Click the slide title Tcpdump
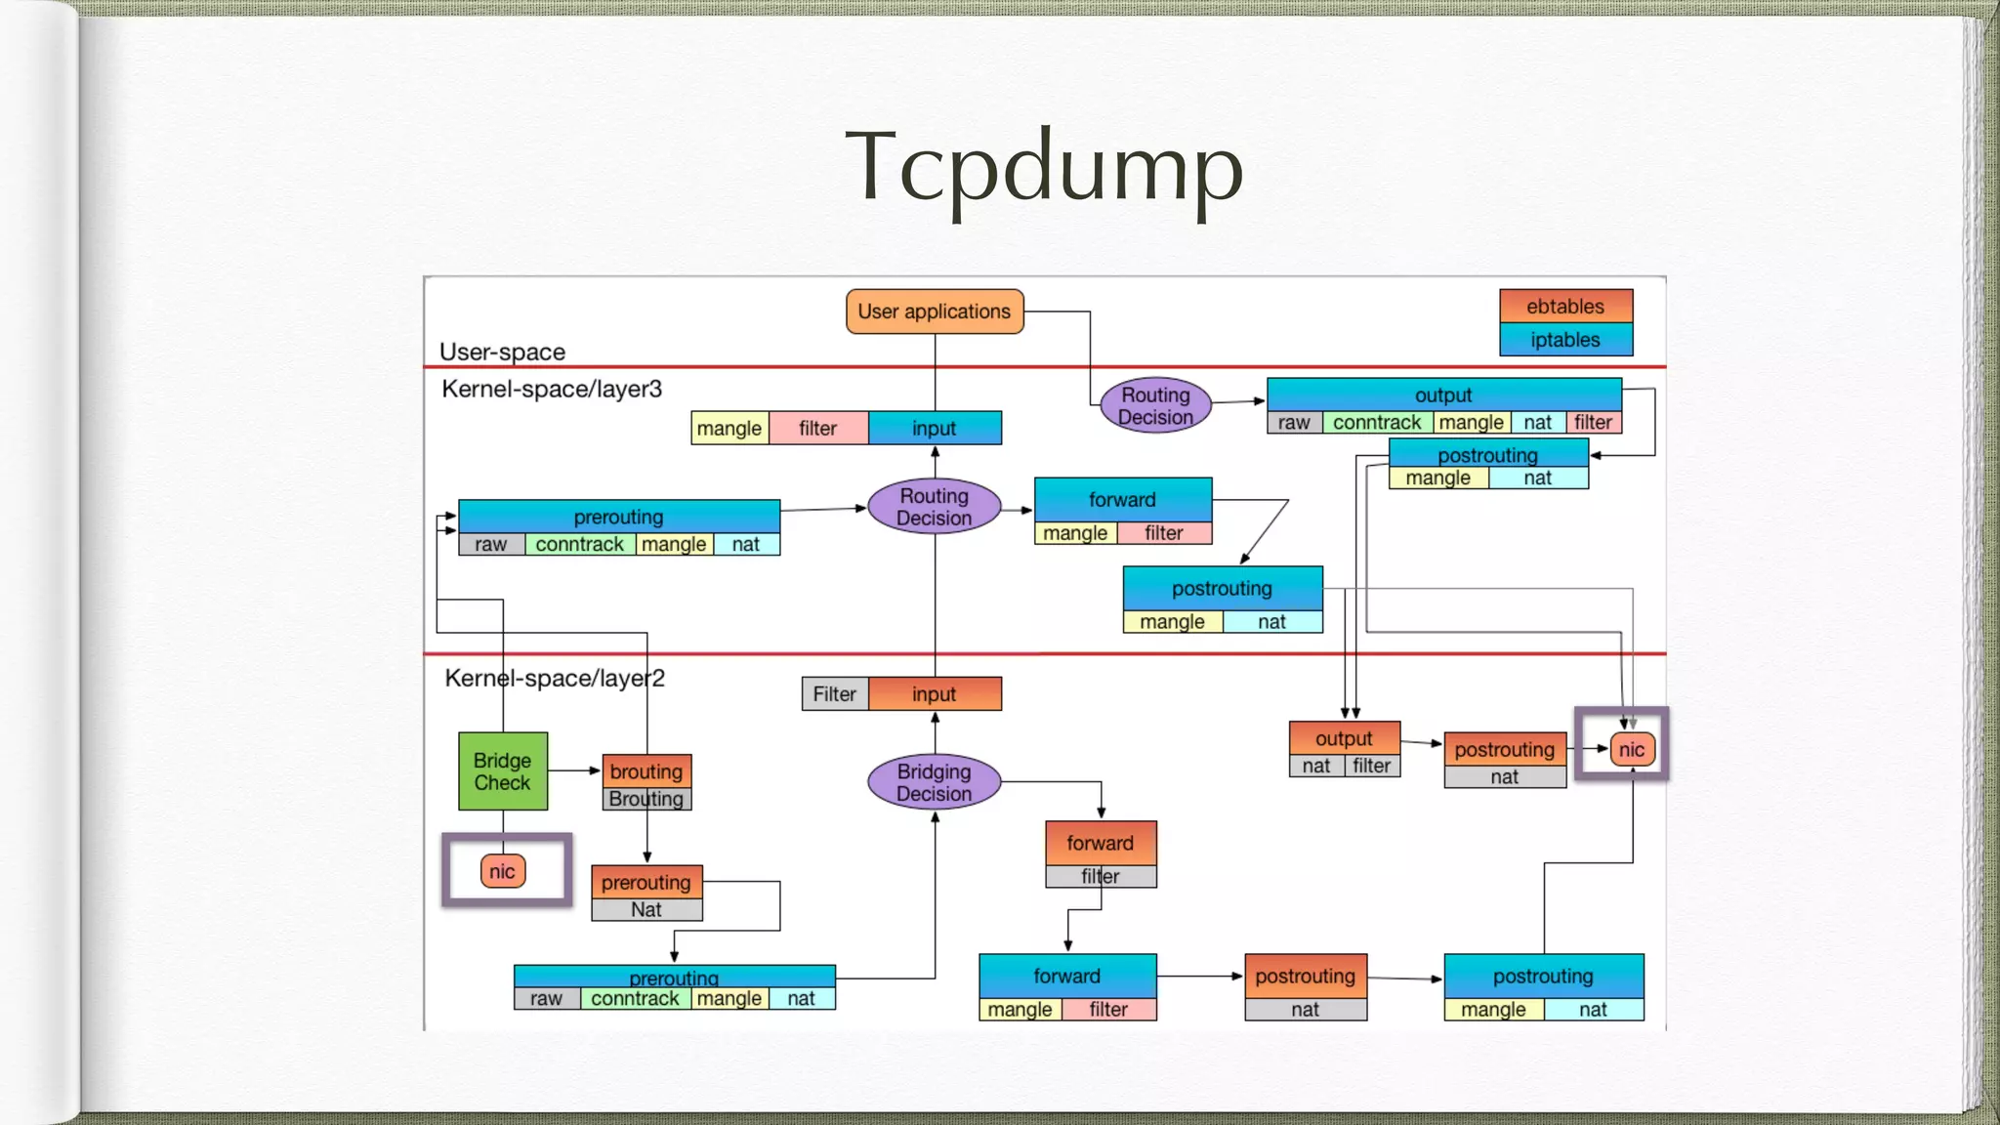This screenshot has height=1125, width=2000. [x=1043, y=168]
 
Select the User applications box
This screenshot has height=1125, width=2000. [x=935, y=312]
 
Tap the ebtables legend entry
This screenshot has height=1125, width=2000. [x=1565, y=307]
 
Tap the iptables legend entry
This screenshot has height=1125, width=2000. [x=1565, y=340]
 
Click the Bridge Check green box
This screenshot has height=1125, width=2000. [x=503, y=771]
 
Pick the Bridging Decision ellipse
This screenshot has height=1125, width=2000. [x=934, y=782]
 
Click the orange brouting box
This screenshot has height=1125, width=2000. [x=646, y=771]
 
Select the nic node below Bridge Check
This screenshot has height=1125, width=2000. [x=503, y=871]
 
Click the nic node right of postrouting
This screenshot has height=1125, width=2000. [x=1632, y=750]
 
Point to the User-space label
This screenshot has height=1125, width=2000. [x=502, y=352]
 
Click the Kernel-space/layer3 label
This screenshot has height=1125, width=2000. [x=552, y=389]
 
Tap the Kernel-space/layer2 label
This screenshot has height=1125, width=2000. [x=554, y=678]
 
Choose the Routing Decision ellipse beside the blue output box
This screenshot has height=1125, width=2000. [x=1155, y=405]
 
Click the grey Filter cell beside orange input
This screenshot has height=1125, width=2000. [x=835, y=694]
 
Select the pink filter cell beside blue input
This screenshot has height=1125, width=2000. [x=817, y=428]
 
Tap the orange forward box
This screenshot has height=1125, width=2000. [x=1101, y=843]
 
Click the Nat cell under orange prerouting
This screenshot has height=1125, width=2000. [x=646, y=910]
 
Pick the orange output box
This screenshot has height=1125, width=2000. [x=1344, y=738]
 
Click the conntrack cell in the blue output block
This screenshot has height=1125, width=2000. [x=1377, y=423]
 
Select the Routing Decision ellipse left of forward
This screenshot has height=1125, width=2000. [x=934, y=507]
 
